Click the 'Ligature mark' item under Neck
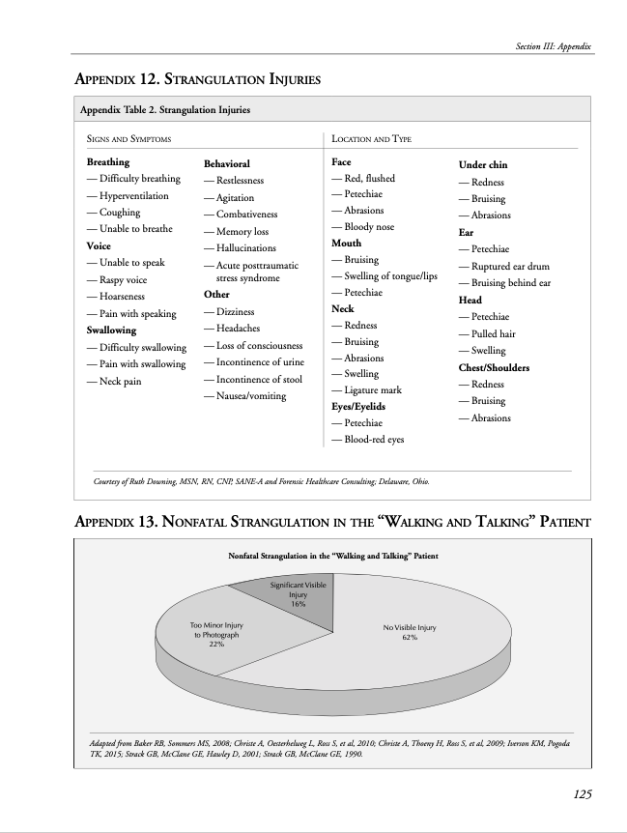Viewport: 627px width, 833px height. tap(371, 390)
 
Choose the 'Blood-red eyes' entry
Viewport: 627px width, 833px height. tap(372, 439)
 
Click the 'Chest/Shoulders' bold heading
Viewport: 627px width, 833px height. tap(494, 367)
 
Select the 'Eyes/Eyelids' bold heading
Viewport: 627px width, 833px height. tap(358, 407)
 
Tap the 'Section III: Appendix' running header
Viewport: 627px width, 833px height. tap(554, 46)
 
